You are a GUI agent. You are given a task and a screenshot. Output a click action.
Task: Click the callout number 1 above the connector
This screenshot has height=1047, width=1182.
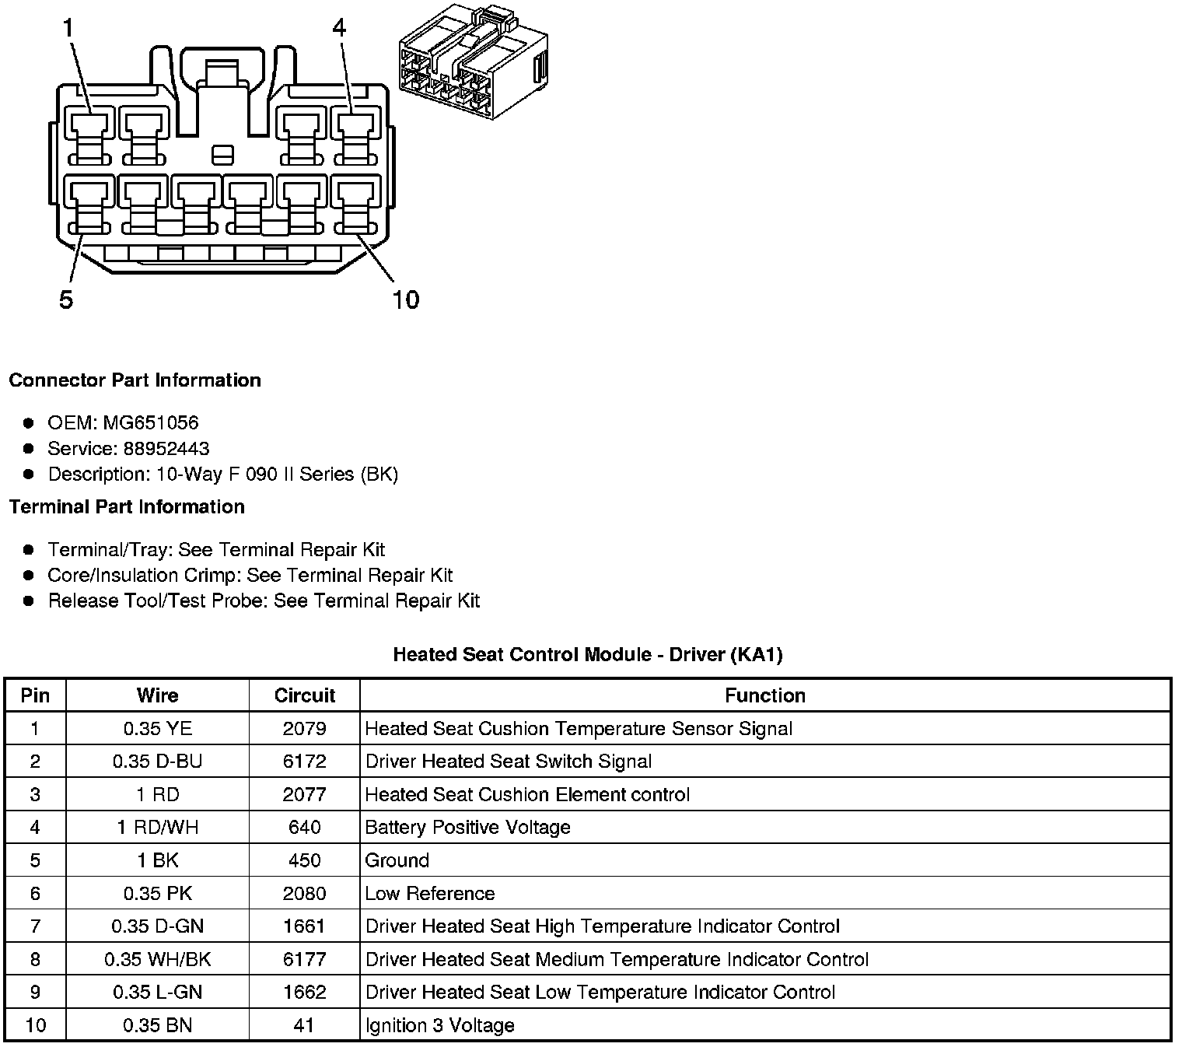pos(68,29)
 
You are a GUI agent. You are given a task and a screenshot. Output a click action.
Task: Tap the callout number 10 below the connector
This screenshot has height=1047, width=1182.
pos(405,299)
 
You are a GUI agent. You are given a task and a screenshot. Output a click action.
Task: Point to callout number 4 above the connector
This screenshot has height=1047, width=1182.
pos(339,29)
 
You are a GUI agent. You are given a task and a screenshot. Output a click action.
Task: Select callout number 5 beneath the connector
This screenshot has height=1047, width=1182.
pos(66,299)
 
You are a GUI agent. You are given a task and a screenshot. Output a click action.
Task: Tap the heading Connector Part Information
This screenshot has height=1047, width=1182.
pos(135,380)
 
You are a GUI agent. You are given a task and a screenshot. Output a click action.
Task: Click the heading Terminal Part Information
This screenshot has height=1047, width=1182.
pos(127,507)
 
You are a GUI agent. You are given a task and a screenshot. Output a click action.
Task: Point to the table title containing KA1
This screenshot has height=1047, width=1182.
pos(587,655)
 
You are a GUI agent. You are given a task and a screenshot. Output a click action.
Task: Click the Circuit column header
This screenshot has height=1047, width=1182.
pos(304,695)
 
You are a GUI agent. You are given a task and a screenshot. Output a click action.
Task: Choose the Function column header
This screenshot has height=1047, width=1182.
pos(765,695)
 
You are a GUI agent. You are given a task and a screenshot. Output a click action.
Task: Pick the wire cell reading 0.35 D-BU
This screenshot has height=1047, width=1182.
pos(157,762)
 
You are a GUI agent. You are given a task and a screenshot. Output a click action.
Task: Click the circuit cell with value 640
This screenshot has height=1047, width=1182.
pos(304,828)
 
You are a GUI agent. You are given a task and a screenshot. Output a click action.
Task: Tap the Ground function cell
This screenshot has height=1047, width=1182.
pos(397,860)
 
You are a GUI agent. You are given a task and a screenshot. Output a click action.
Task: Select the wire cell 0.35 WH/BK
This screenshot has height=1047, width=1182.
pos(157,959)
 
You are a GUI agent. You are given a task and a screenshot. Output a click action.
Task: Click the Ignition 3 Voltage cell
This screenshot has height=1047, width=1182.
pos(440,1025)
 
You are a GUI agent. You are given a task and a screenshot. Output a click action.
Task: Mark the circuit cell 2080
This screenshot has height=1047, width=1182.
pos(304,893)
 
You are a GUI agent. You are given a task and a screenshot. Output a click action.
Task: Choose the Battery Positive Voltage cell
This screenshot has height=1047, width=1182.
pos(467,828)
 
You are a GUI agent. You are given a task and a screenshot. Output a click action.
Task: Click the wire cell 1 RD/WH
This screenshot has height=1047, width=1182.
pos(157,828)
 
